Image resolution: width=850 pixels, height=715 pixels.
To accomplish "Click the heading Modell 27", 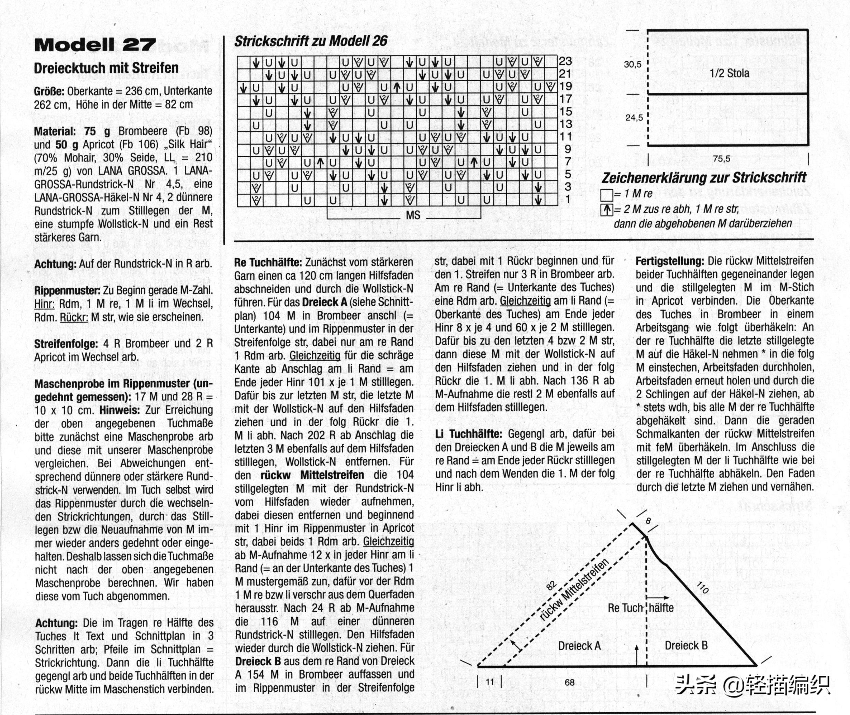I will coord(95,45).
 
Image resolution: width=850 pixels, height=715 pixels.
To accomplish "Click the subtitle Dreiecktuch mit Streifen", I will coord(106,68).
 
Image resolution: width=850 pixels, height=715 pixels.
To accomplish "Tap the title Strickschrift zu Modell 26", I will coord(311,41).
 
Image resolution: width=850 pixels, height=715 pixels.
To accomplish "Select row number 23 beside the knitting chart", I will coord(566,61).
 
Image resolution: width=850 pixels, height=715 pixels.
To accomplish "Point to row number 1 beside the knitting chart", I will coord(568,200).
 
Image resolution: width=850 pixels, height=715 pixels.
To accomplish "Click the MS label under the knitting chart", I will coord(413,215).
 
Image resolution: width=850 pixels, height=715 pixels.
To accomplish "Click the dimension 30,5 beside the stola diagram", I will coord(633,64).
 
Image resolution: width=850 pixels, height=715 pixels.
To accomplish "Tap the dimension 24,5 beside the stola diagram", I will coord(634,118).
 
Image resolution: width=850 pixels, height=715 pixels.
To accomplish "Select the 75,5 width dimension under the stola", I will coord(721,159).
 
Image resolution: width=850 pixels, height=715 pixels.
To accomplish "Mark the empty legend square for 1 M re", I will coord(607,195).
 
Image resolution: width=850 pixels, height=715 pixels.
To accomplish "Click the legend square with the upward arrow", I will coord(607,210).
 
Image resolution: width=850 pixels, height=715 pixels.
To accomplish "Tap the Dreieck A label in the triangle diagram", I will coord(579,646).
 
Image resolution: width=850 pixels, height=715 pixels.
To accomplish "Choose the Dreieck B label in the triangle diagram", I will coord(686,645).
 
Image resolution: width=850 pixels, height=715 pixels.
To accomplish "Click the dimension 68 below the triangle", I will coord(570,683).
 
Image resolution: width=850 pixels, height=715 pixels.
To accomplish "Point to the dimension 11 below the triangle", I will coord(490,682).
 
